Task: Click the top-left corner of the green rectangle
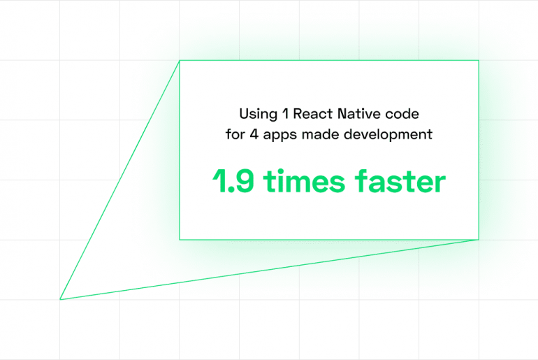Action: coord(180,61)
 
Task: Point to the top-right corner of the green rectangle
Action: coord(479,61)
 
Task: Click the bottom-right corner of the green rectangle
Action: coord(479,240)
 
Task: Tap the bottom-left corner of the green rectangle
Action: coord(180,240)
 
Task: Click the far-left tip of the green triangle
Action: coord(61,299)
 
